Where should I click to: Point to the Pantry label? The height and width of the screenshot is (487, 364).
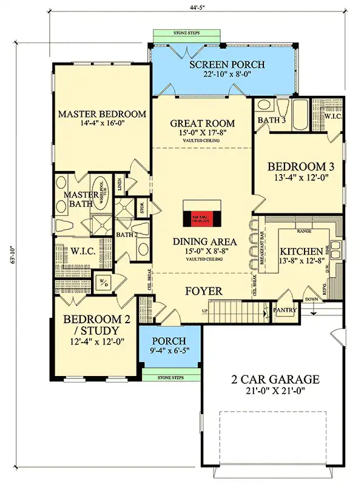pyautogui.click(x=285, y=311)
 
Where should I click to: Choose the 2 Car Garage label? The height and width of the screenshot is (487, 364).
pyautogui.click(x=275, y=380)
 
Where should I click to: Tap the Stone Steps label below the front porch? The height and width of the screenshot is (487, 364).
pyautogui.click(x=170, y=377)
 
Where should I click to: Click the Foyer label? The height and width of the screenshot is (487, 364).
pyautogui.click(x=203, y=292)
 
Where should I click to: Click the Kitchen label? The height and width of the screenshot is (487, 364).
pyautogui.click(x=300, y=251)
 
